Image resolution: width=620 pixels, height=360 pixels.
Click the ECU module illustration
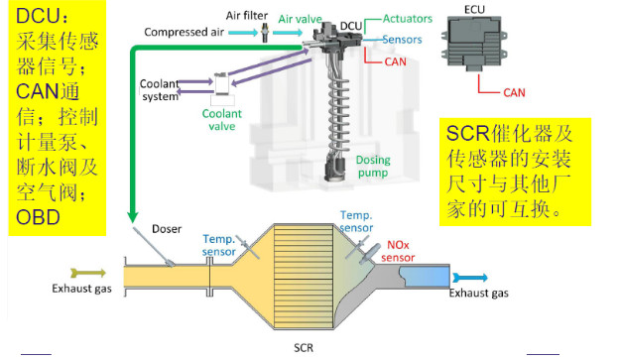[x=474, y=43]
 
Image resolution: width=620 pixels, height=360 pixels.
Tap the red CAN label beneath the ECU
[x=514, y=93]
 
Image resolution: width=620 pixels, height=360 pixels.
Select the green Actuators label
[x=408, y=19]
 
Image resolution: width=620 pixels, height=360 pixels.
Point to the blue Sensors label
[x=402, y=40]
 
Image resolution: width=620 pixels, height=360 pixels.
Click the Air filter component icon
[x=265, y=33]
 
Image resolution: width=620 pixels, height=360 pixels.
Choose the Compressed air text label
[x=185, y=32]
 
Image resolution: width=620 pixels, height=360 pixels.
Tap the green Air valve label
[x=301, y=19]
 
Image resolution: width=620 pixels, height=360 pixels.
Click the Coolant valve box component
[x=221, y=84]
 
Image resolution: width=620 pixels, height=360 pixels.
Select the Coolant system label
[x=160, y=90]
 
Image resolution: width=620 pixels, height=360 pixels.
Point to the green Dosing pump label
[x=373, y=167]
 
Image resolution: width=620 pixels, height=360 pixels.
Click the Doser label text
[x=167, y=229]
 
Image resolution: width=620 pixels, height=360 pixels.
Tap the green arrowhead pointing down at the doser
[x=133, y=217]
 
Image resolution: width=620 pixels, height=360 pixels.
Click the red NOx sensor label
[x=398, y=251]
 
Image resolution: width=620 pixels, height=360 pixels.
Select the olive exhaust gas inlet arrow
[x=88, y=273]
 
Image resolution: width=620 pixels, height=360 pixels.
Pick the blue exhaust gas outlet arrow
[x=470, y=278]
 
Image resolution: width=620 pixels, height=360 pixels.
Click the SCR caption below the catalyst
[x=304, y=348]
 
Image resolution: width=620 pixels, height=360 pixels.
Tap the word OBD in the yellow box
[x=38, y=217]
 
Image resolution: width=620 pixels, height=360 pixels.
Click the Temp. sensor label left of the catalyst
[x=218, y=245]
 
